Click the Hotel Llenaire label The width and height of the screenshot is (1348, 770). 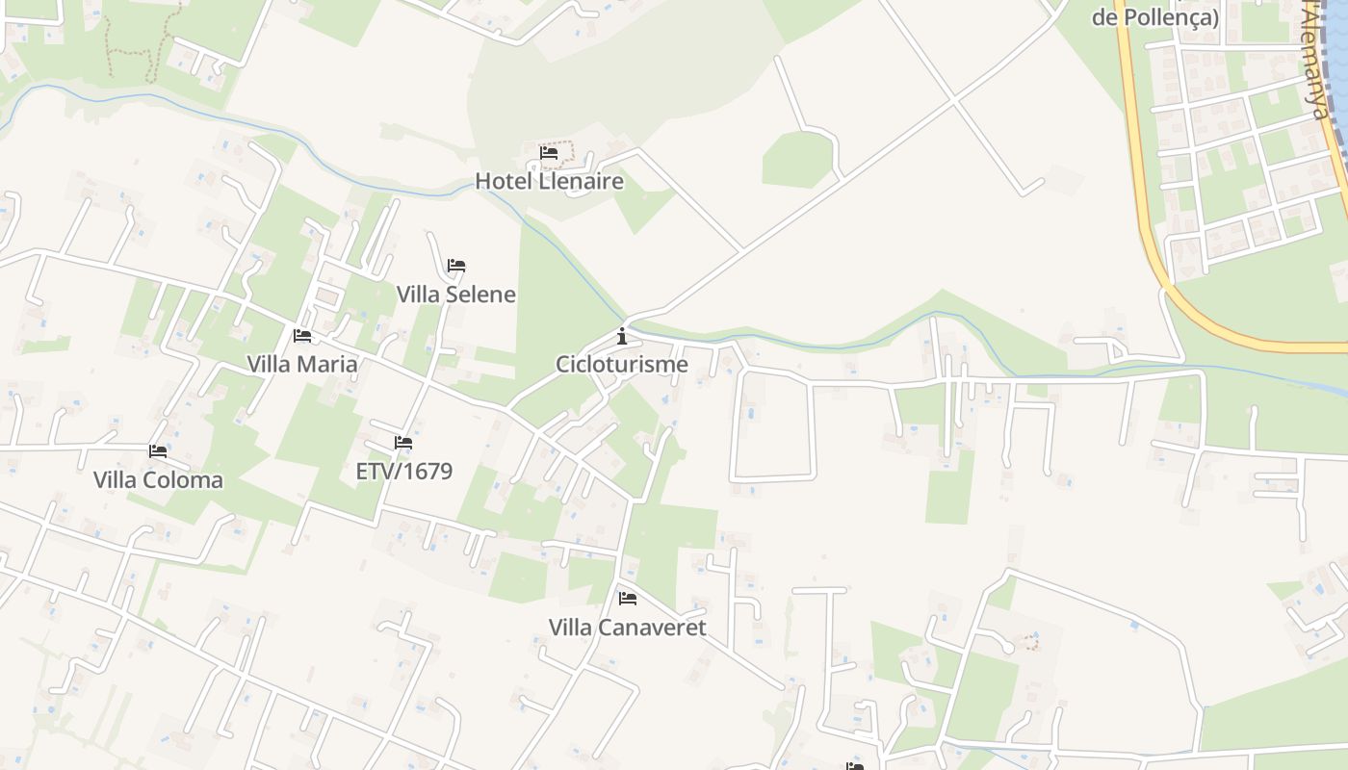point(549,181)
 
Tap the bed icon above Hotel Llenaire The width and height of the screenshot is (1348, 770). point(549,152)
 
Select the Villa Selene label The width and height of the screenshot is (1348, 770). point(456,295)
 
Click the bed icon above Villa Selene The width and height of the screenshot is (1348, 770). point(456,266)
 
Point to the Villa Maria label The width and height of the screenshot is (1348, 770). point(302,365)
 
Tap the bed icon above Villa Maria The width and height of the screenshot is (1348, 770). point(302,336)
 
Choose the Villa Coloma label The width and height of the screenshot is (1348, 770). point(158,480)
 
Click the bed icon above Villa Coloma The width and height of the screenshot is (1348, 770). point(158,450)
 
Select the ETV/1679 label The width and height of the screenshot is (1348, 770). point(404,472)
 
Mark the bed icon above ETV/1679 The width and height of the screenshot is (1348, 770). point(403,443)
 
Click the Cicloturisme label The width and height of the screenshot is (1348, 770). point(622,365)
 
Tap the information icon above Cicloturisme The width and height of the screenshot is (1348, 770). point(622,336)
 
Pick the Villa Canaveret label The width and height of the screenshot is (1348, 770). point(628,628)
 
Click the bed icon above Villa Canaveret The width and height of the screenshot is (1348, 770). point(628,599)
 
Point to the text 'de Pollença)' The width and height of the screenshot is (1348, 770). point(1155,17)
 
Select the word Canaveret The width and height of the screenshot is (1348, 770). point(652,628)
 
